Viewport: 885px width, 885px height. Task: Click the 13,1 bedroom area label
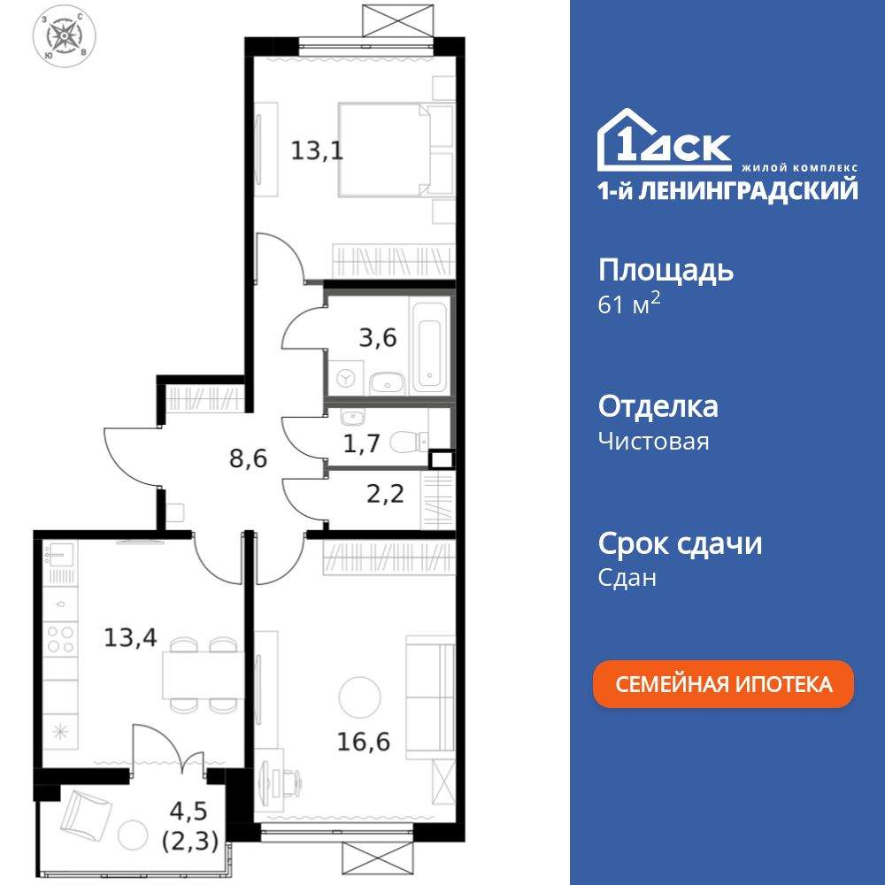click(317, 150)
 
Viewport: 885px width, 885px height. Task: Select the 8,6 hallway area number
click(249, 458)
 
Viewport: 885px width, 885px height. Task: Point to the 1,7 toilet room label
click(362, 443)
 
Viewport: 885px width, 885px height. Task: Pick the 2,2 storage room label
click(386, 494)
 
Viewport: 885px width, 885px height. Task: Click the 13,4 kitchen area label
click(130, 638)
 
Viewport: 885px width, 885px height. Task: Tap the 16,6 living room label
click(364, 741)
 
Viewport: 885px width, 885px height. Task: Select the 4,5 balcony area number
click(189, 811)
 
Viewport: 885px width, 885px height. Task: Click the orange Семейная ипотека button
click(723, 683)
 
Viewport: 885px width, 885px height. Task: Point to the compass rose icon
click(65, 36)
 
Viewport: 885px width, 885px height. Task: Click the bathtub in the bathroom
click(431, 348)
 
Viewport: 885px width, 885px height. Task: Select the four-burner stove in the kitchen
click(60, 639)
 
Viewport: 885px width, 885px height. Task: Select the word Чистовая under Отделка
click(654, 441)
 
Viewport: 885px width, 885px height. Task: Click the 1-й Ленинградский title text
click(727, 191)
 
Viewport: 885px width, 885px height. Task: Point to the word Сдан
click(627, 577)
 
